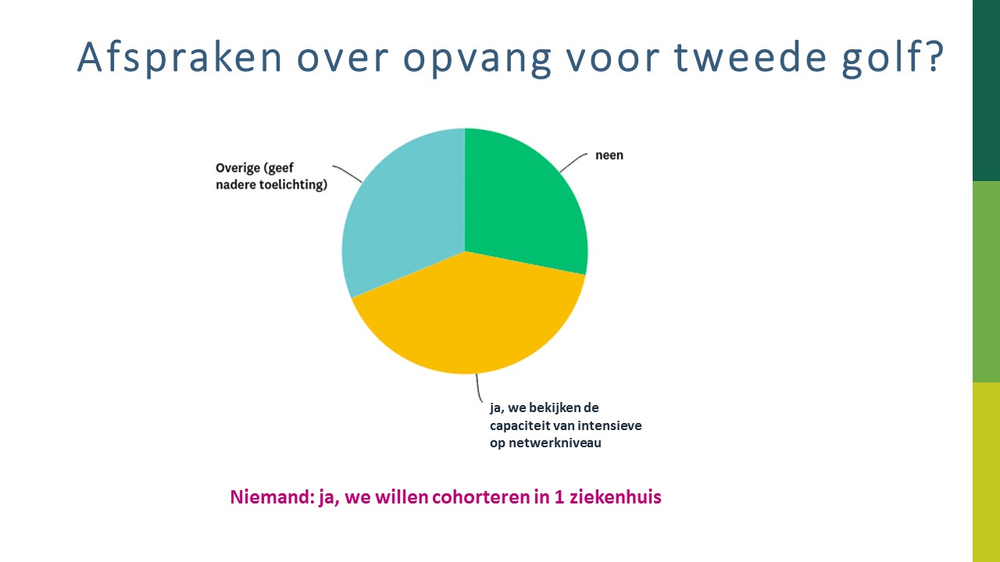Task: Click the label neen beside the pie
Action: [609, 155]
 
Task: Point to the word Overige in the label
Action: [238, 168]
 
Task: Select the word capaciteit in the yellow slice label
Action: [520, 425]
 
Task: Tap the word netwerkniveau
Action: [555, 443]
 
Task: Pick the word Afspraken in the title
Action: [180, 57]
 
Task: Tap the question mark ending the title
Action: [934, 56]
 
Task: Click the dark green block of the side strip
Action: [986, 91]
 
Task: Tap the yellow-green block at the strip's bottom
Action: [986, 472]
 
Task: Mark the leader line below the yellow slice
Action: [479, 389]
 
